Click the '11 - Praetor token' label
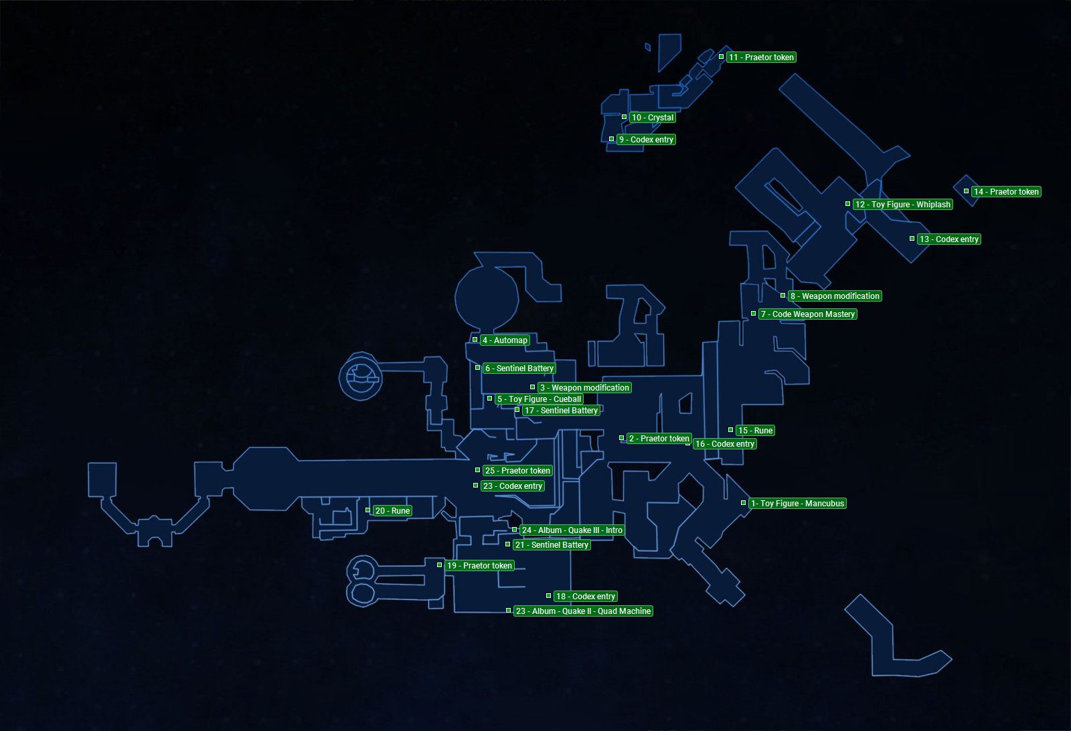(761, 58)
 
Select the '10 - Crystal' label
(653, 118)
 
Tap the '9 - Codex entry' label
(646, 140)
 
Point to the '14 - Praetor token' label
(1006, 192)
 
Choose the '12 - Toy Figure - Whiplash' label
(902, 205)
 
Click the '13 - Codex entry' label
(949, 239)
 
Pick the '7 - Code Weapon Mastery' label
(807, 314)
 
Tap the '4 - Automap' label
(505, 340)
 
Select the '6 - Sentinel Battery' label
(519, 369)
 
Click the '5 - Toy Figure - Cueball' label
(539, 399)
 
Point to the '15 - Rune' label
(755, 431)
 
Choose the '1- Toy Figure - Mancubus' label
(797, 504)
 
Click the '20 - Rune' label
(392, 511)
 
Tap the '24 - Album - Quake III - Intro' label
(572, 530)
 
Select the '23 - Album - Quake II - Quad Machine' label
(583, 611)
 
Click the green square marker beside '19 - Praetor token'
(440, 565)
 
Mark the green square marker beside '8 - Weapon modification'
(783, 296)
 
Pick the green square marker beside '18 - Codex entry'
(549, 596)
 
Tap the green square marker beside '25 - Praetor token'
(478, 470)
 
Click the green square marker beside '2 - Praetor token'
(622, 438)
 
